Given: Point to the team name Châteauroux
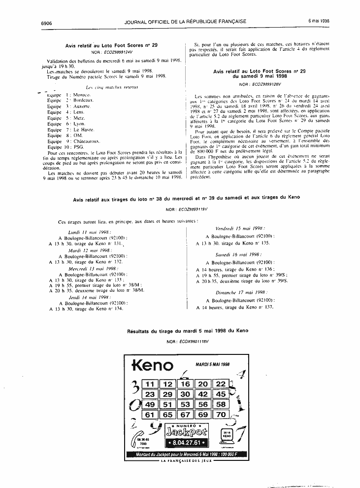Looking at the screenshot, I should (88, 141).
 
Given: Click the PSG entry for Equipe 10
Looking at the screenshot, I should (78, 147).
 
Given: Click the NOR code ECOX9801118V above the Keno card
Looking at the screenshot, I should (188, 341).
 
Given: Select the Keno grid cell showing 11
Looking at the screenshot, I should (150, 384).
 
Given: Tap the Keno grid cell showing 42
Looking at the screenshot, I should (203, 394).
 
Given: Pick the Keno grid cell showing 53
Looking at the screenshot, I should (185, 405).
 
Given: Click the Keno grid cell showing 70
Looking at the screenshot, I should (221, 415).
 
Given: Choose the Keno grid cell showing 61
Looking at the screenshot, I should (150, 415).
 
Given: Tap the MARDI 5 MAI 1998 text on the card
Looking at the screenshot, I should (212, 364).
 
